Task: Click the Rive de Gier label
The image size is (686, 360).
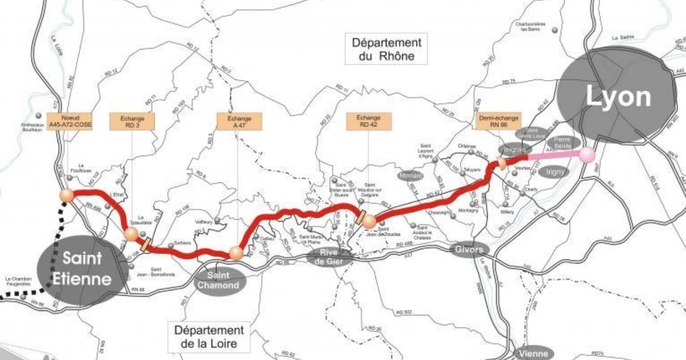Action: tap(331, 259)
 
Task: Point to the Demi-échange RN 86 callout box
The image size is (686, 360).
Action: tap(500, 124)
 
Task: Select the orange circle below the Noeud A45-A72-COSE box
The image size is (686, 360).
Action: tap(67, 194)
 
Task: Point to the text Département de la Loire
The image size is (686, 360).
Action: tap(212, 338)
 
